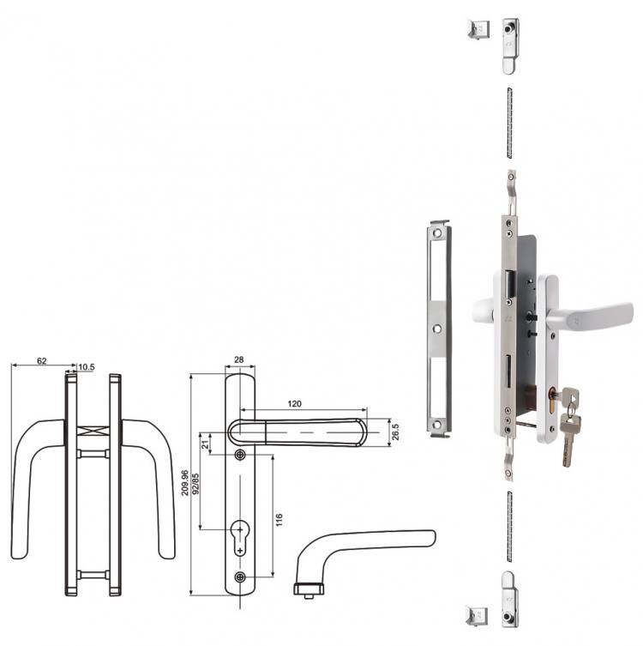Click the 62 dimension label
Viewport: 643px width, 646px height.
click(x=41, y=361)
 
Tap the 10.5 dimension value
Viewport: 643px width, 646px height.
click(x=87, y=366)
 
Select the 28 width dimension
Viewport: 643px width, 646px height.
click(x=238, y=359)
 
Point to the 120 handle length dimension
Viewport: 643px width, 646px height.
click(x=294, y=404)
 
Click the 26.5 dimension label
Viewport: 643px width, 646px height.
click(x=395, y=432)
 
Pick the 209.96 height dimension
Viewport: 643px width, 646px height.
click(x=185, y=482)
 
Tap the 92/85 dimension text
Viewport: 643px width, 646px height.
click(x=195, y=484)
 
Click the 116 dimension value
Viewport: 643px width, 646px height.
click(x=279, y=520)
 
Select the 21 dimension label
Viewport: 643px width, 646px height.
click(x=205, y=444)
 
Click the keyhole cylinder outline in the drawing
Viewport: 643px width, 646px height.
click(x=240, y=537)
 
